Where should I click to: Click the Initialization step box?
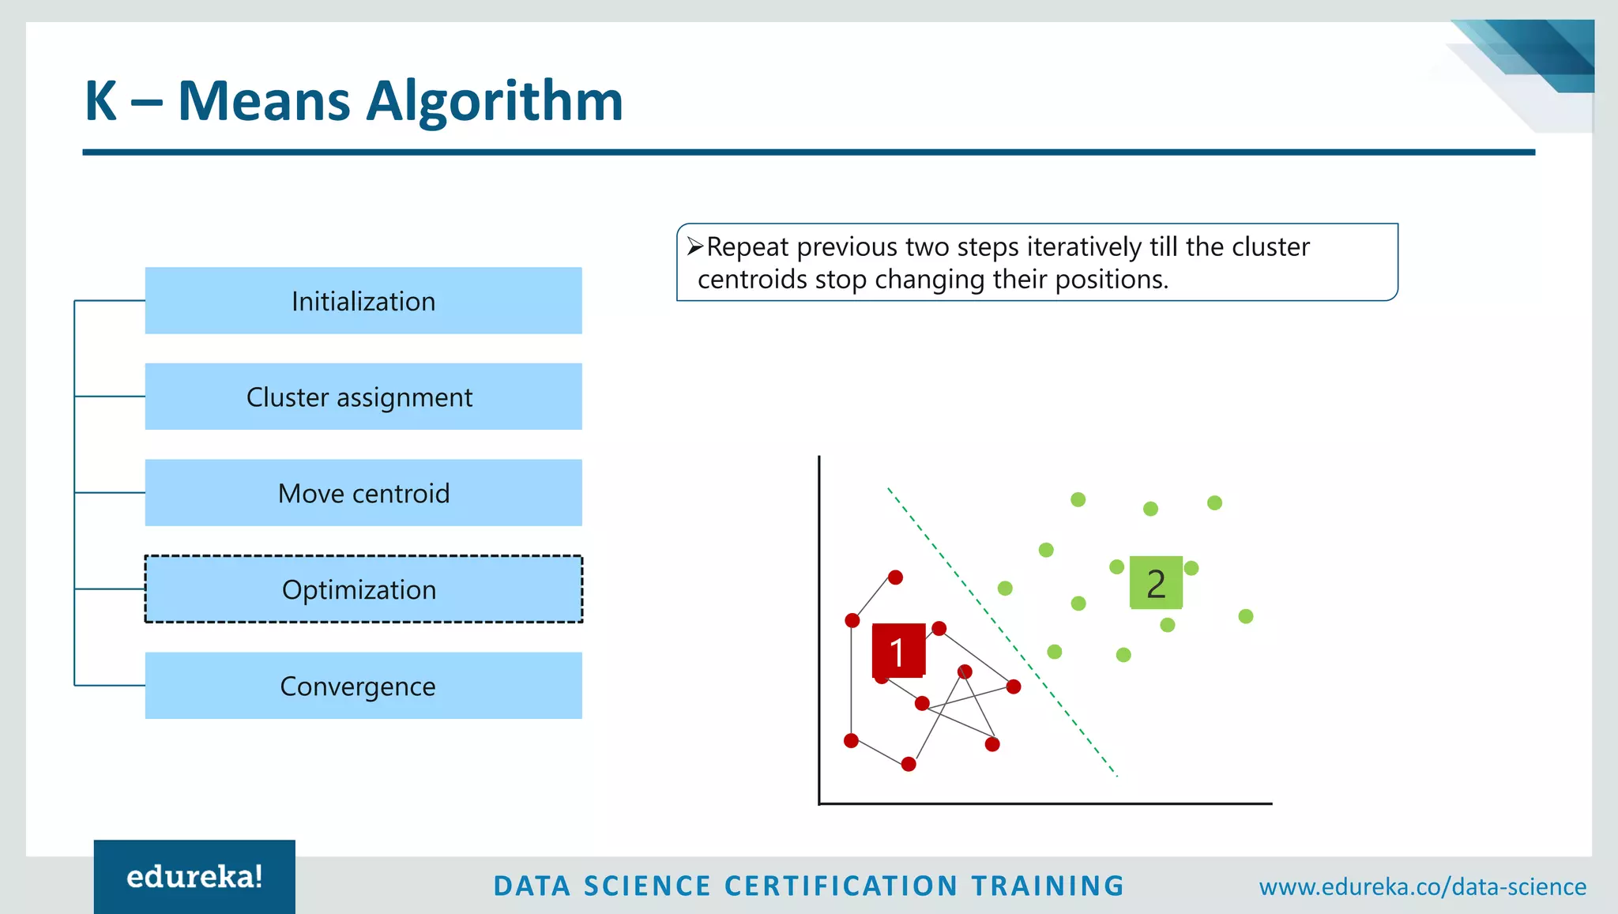coord(363,301)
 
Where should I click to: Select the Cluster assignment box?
coord(363,397)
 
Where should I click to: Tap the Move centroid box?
coord(363,493)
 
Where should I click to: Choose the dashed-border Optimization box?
coord(363,589)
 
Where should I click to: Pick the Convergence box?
coord(363,686)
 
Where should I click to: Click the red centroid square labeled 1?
coord(898,651)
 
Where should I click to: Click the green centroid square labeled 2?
coord(1156,583)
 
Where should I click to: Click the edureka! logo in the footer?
coord(194,877)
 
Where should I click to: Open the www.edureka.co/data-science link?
coord(1422,886)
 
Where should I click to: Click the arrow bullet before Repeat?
coord(694,247)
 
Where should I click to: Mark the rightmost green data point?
coord(1246,616)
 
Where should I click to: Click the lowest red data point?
coord(909,764)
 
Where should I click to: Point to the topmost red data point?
coord(895,577)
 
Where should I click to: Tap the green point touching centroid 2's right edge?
coord(1192,568)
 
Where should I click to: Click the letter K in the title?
coord(101,101)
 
